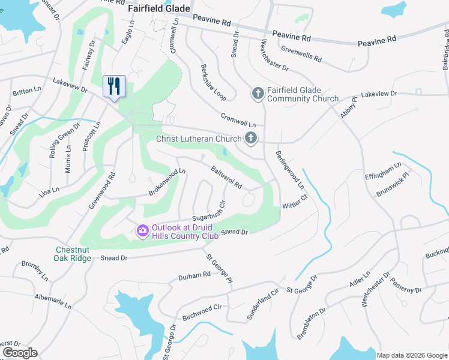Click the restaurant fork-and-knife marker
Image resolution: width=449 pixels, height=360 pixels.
(x=113, y=86)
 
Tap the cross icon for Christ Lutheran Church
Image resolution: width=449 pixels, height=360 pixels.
(x=251, y=139)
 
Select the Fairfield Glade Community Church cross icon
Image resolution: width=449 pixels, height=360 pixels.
(x=258, y=94)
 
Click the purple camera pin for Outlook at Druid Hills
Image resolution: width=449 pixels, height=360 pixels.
(x=143, y=230)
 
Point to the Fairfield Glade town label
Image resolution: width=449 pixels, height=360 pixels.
(x=159, y=9)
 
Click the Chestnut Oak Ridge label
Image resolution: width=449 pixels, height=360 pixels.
(x=73, y=254)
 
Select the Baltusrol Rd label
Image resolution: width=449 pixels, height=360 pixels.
(x=226, y=177)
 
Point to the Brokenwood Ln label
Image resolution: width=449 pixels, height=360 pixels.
(x=168, y=182)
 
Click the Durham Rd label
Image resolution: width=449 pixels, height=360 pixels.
(x=194, y=276)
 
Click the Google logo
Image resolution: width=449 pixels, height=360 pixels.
(x=20, y=353)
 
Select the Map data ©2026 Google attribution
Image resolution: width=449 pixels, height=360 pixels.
(x=411, y=355)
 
